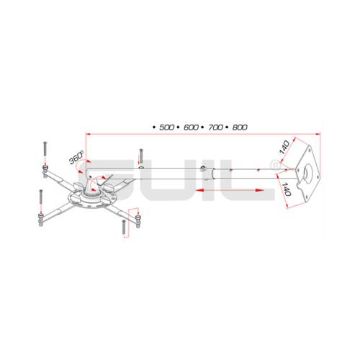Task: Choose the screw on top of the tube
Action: [141, 156]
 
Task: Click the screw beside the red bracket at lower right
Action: [124, 225]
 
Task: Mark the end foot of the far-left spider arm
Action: [45, 169]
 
